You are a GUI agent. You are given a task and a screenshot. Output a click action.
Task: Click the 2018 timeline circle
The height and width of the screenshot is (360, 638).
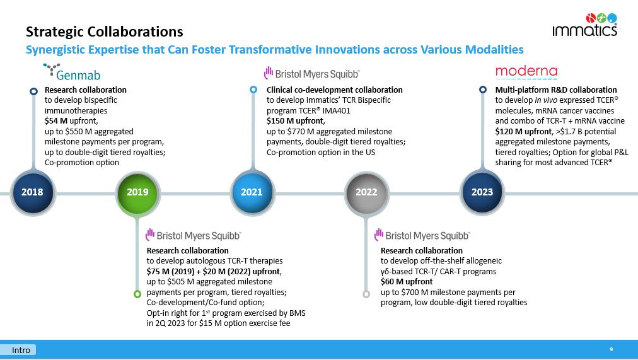tap(32, 192)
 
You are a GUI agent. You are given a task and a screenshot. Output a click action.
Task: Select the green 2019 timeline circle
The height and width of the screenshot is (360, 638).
tap(137, 192)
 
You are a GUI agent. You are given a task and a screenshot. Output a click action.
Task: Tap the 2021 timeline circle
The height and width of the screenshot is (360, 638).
tap(252, 192)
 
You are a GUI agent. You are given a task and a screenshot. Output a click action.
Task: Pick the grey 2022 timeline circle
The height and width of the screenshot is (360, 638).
tap(366, 192)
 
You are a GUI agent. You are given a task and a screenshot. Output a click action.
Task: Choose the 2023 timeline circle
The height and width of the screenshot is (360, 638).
tap(482, 192)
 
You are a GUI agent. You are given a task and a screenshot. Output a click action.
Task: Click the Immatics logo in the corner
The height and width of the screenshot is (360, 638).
tap(584, 25)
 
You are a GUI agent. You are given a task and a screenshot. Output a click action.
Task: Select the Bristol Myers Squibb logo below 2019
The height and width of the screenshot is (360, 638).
tap(193, 235)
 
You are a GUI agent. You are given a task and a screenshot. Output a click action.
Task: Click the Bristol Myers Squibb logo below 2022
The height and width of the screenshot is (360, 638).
tap(422, 235)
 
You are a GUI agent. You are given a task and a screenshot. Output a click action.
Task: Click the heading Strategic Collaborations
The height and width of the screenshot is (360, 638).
tap(104, 32)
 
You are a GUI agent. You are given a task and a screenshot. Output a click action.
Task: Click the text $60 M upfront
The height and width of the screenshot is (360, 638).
tap(407, 282)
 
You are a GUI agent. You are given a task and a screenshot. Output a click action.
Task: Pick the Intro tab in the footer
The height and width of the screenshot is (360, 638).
tap(21, 350)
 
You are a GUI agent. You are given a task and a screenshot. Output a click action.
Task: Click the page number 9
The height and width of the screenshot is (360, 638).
tap(611, 349)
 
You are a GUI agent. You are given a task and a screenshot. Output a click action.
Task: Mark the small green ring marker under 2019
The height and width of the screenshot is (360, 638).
tap(137, 294)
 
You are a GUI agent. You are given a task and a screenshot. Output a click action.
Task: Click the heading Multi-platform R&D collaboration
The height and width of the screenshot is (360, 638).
tap(556, 90)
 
